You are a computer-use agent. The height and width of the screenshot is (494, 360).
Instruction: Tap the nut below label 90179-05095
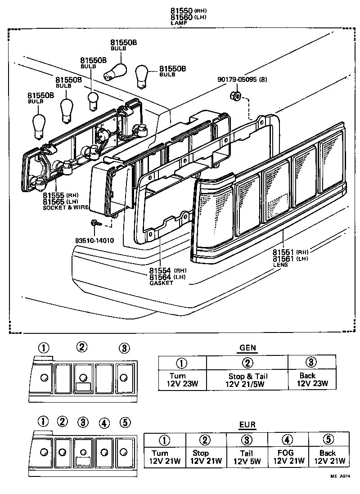[235, 95]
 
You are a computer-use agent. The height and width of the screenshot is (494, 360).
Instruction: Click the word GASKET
[161, 283]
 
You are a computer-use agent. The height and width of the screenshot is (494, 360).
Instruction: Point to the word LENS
[280, 265]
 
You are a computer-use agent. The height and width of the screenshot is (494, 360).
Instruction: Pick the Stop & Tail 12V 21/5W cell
[247, 380]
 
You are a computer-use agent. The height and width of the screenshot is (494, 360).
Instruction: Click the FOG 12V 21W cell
[288, 457]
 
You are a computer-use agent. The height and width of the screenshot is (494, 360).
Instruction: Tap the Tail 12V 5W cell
[247, 457]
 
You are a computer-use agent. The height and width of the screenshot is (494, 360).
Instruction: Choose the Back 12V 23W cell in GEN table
[312, 380]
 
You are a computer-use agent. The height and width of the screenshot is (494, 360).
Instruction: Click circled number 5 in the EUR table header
[328, 440]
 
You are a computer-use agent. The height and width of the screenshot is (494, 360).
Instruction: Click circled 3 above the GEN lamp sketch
[124, 348]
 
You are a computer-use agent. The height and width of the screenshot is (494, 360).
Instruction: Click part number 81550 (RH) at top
[182, 10]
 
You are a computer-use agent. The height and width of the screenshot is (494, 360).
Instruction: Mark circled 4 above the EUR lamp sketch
[104, 423]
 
